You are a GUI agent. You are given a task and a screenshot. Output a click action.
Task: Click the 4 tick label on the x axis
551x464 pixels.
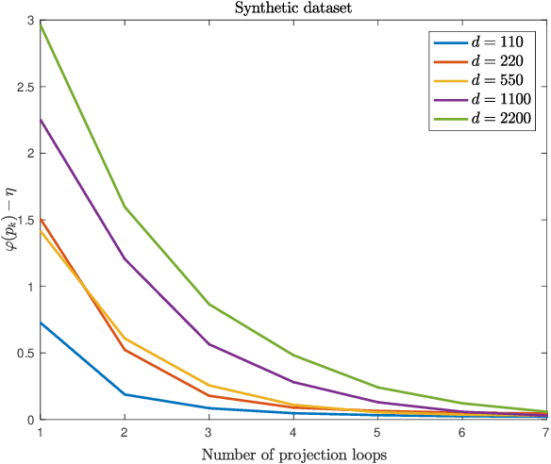(x=292, y=432)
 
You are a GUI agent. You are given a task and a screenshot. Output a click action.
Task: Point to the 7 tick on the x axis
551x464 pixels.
(x=545, y=432)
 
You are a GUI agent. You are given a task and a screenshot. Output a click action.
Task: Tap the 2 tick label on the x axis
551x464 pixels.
(x=124, y=432)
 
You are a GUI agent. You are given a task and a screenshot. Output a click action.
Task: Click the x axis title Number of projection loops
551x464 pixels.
(x=292, y=454)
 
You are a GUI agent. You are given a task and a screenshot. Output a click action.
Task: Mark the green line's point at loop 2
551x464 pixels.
(x=124, y=207)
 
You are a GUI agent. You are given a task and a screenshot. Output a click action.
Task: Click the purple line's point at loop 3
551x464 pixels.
(x=208, y=344)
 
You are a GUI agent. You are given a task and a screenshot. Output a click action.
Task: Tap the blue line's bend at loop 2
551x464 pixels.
(x=124, y=394)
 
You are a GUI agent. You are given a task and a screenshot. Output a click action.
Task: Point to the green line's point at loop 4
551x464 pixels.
(x=292, y=356)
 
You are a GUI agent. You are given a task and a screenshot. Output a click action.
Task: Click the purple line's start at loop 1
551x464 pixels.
(x=40, y=119)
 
